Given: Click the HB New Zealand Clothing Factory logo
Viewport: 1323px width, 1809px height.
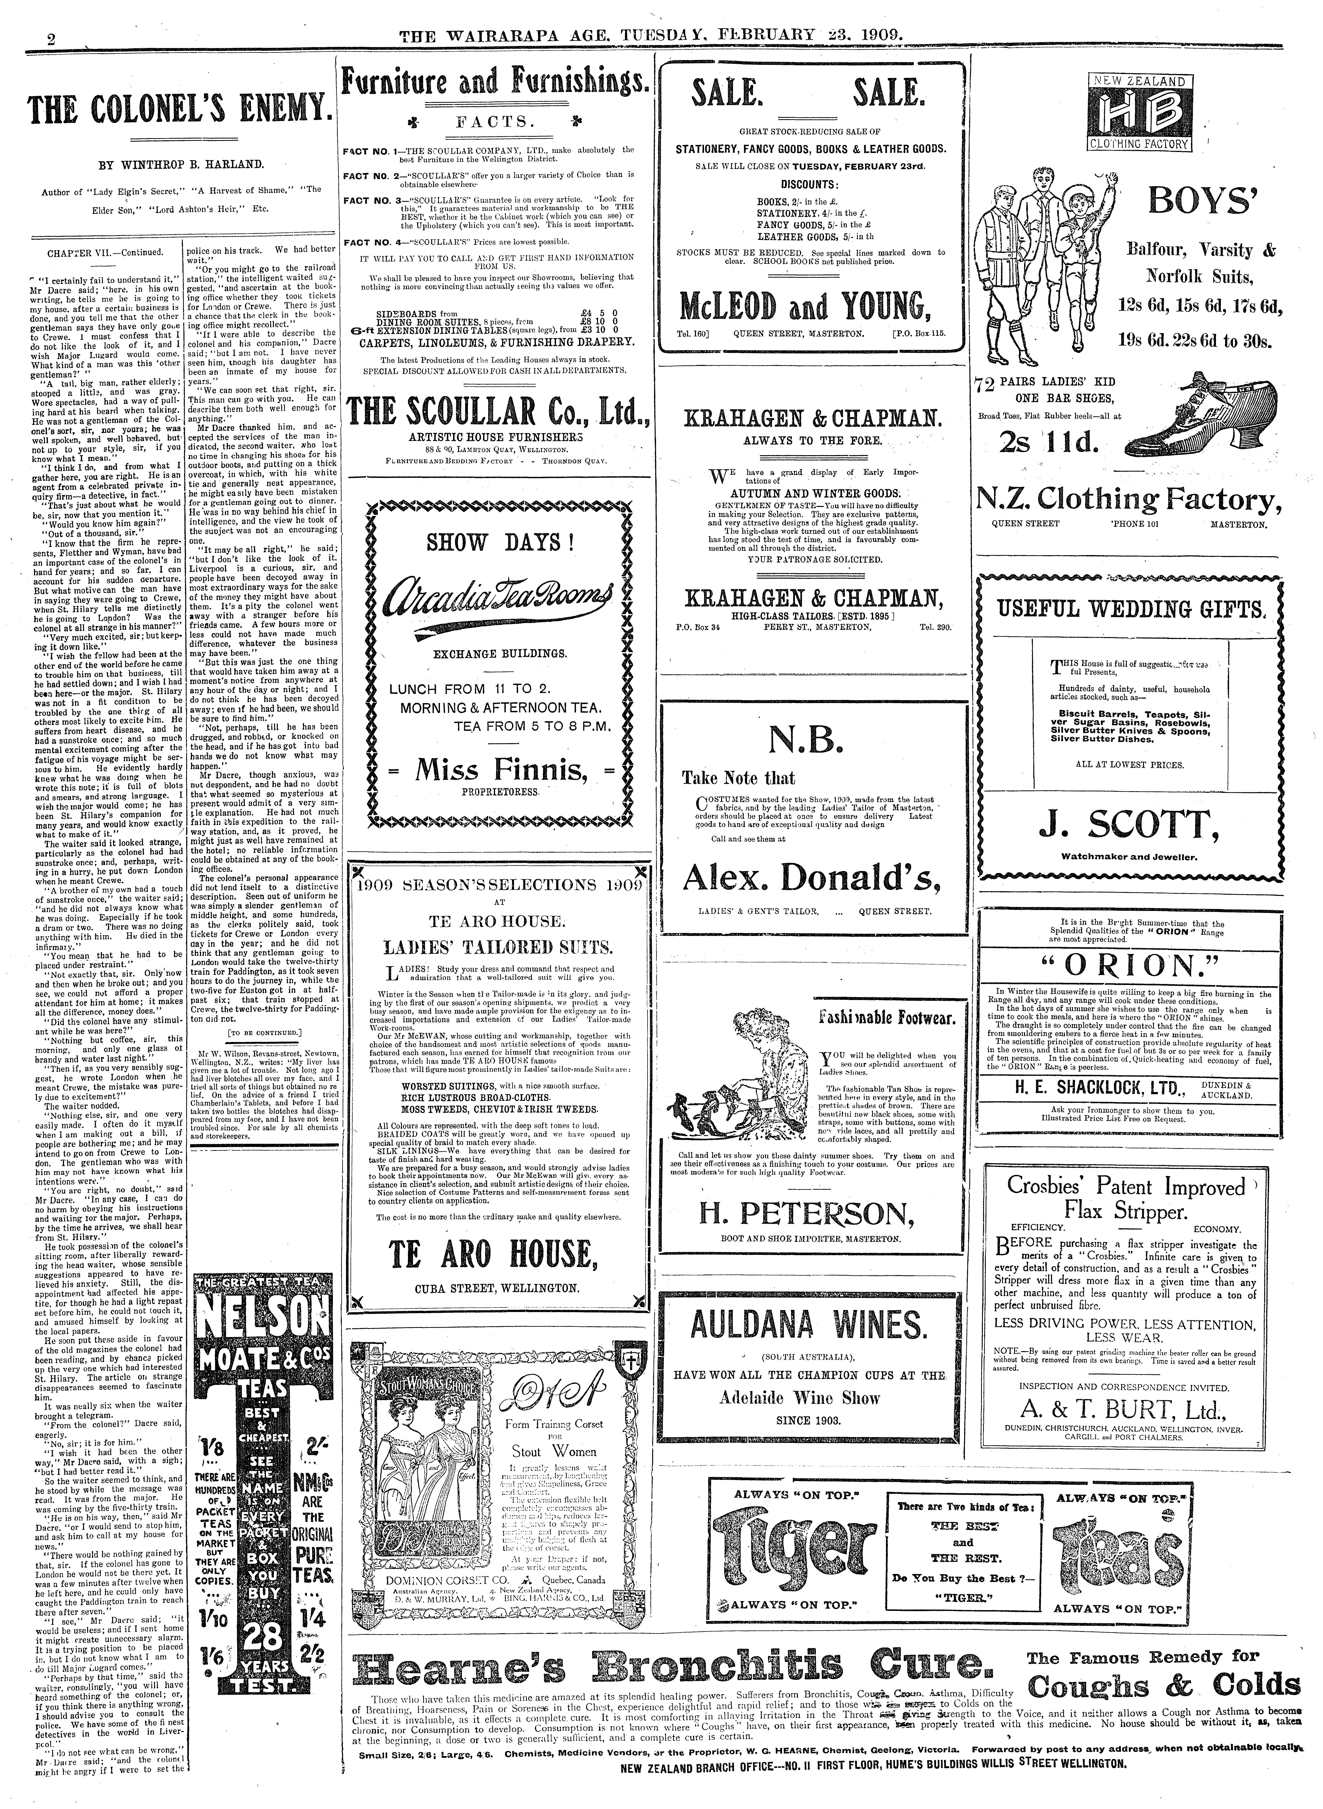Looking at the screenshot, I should pos(1137,112).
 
